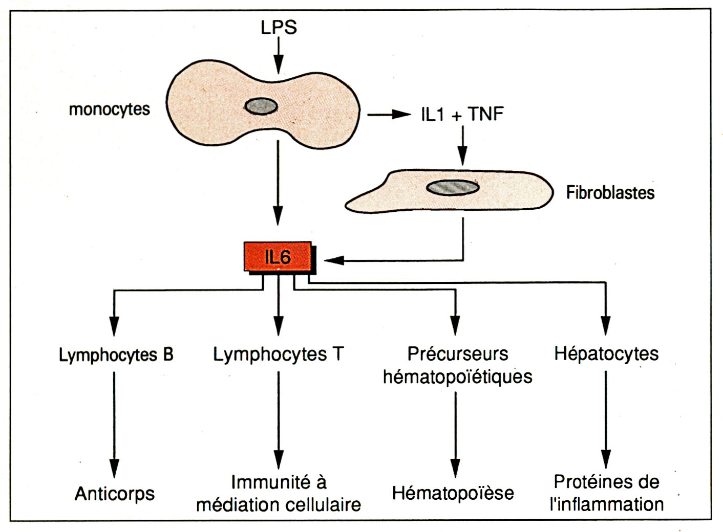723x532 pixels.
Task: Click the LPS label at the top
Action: click(x=279, y=27)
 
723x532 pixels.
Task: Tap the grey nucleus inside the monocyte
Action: click(x=261, y=106)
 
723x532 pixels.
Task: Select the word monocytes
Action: click(x=109, y=109)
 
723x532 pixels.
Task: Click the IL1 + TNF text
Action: click(x=462, y=114)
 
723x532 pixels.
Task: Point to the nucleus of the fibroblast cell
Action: click(x=453, y=188)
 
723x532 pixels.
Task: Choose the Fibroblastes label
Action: click(x=610, y=193)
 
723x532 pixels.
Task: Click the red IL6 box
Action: click(x=278, y=257)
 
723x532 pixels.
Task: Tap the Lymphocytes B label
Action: click(x=116, y=354)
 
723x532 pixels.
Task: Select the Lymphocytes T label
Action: click(x=278, y=354)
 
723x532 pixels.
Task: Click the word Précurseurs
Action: click(x=457, y=354)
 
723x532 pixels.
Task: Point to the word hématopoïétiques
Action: click(x=457, y=377)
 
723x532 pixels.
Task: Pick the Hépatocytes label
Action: click(x=606, y=354)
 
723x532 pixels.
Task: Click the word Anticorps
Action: click(x=115, y=494)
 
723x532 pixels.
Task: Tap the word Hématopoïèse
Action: click(x=453, y=493)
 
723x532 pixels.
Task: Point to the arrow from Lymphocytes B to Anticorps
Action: click(x=114, y=425)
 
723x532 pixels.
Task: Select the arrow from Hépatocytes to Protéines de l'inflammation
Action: click(x=606, y=419)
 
